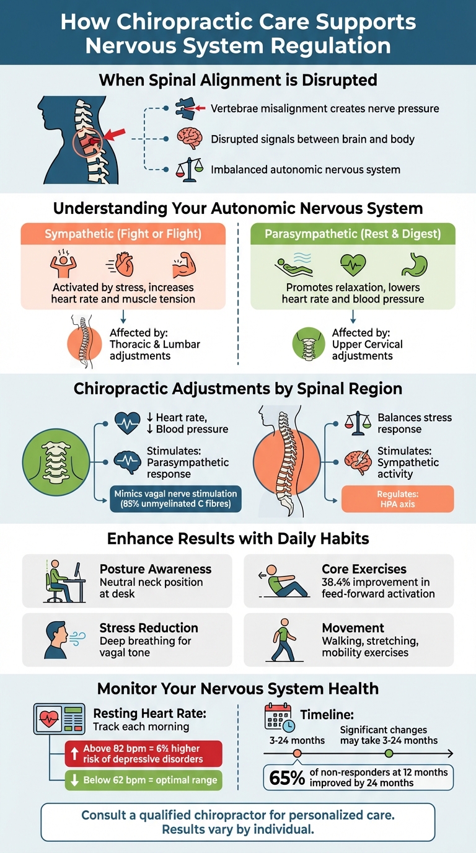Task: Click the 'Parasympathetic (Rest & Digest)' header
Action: (352, 234)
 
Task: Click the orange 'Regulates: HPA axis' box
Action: (397, 499)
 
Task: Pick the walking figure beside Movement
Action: (283, 640)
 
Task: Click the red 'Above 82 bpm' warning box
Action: (143, 754)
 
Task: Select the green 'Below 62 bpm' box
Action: (143, 780)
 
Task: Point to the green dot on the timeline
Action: (389, 753)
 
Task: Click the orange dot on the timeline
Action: (297, 753)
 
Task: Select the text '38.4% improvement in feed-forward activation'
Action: (377, 588)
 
